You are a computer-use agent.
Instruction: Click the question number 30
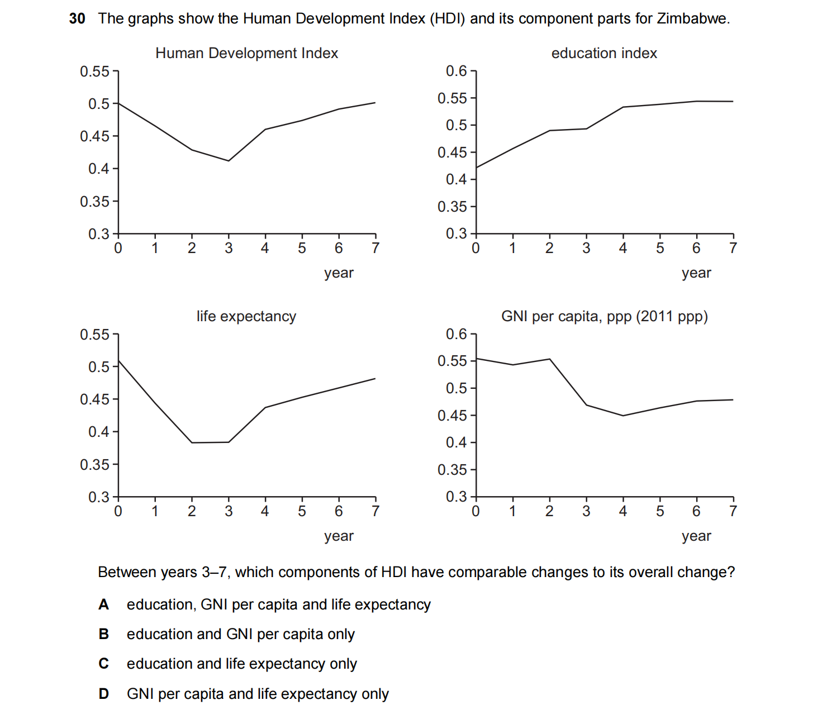click(x=77, y=18)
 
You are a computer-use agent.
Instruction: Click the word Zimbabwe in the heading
click(x=692, y=18)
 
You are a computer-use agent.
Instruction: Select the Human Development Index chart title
click(x=246, y=53)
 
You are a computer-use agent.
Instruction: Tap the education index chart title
click(x=604, y=53)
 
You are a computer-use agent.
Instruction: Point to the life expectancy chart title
click(x=246, y=316)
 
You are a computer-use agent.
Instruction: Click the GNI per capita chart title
click(x=604, y=316)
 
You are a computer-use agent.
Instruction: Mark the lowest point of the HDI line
click(x=229, y=161)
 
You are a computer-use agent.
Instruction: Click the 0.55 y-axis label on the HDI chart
click(x=94, y=72)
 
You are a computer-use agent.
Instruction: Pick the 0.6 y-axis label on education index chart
click(x=456, y=71)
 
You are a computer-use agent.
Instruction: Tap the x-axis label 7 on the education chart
click(x=733, y=248)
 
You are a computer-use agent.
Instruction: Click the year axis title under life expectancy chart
click(x=339, y=536)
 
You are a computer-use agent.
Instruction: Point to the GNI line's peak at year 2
click(x=550, y=359)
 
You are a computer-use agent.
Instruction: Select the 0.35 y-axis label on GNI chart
click(x=452, y=470)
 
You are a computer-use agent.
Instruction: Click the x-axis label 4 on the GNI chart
click(x=623, y=511)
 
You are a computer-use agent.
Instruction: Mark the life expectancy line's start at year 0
click(x=118, y=360)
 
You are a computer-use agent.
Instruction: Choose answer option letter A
click(x=104, y=604)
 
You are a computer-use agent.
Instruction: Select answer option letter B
click(x=104, y=634)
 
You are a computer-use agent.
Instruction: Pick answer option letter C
click(x=104, y=664)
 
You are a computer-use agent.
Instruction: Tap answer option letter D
click(x=104, y=694)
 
